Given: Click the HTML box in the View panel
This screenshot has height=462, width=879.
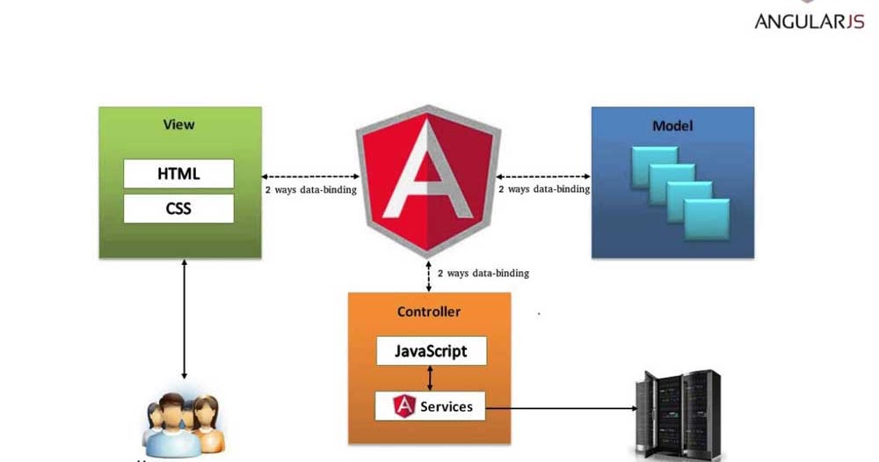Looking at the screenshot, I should coord(178,173).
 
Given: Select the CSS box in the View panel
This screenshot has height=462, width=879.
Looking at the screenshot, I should coord(178,209).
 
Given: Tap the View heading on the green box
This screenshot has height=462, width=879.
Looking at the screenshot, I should coord(178,124).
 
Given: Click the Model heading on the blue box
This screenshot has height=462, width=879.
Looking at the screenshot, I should coord(672,126).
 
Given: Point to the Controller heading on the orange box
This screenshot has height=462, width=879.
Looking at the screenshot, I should coord(429,312).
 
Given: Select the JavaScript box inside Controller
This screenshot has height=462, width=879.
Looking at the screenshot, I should coord(429,351).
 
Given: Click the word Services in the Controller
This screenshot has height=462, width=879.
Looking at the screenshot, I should coord(446,406).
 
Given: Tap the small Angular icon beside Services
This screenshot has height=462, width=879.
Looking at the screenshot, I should coord(404,406).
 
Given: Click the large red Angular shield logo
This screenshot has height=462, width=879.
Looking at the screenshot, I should coord(428,180).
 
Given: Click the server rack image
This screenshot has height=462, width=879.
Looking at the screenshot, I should coord(677,413).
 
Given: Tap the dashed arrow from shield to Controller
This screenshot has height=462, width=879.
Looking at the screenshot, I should coord(428,275).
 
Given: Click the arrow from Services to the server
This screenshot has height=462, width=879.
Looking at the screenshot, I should coord(563,408).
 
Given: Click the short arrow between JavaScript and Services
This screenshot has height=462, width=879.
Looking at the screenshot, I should coord(429,378).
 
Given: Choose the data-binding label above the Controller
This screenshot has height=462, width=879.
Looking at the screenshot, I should coord(483,274).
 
